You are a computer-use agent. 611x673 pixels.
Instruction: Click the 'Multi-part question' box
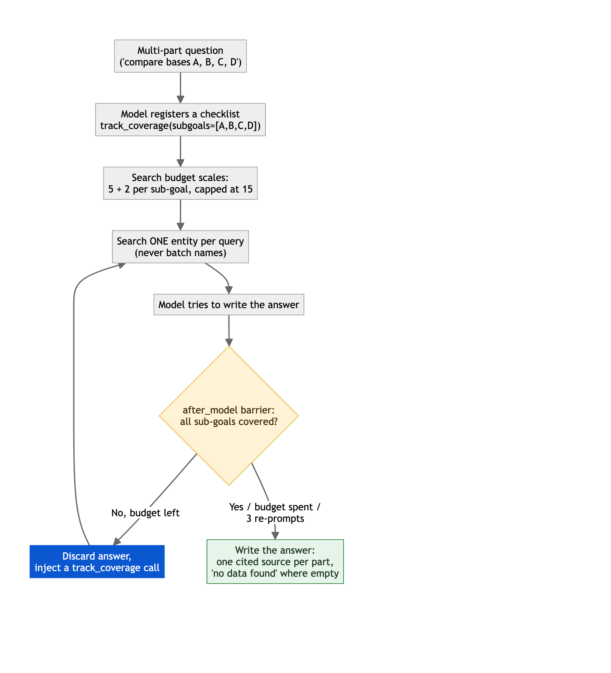click(180, 56)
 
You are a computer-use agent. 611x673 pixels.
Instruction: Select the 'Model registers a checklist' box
click(180, 120)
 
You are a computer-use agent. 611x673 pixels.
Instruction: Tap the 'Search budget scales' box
click(180, 183)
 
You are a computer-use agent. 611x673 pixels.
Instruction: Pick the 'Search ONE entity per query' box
click(180, 247)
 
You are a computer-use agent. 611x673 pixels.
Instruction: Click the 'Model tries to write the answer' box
click(229, 304)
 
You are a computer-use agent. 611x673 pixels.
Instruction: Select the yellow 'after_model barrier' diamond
click(229, 416)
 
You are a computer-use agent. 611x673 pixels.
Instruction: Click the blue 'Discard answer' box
click(97, 562)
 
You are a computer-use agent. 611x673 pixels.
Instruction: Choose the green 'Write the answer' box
click(275, 561)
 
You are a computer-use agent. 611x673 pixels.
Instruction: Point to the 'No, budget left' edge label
click(145, 513)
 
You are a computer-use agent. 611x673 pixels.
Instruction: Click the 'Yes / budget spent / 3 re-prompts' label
click(275, 513)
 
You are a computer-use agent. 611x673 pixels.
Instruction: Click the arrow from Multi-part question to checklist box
click(180, 88)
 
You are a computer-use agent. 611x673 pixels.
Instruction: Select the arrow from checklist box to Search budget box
click(180, 151)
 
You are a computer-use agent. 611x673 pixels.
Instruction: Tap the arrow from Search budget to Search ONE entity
click(180, 215)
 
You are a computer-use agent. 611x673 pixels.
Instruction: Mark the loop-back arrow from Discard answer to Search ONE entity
click(74, 401)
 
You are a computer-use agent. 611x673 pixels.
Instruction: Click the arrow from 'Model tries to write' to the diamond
click(229, 331)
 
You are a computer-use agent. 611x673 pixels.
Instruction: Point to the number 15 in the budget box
click(248, 189)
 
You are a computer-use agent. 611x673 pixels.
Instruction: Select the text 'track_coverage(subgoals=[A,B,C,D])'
click(180, 126)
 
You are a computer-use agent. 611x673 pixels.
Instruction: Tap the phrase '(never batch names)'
click(180, 253)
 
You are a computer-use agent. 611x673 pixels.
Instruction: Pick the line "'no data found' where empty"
click(275, 573)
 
